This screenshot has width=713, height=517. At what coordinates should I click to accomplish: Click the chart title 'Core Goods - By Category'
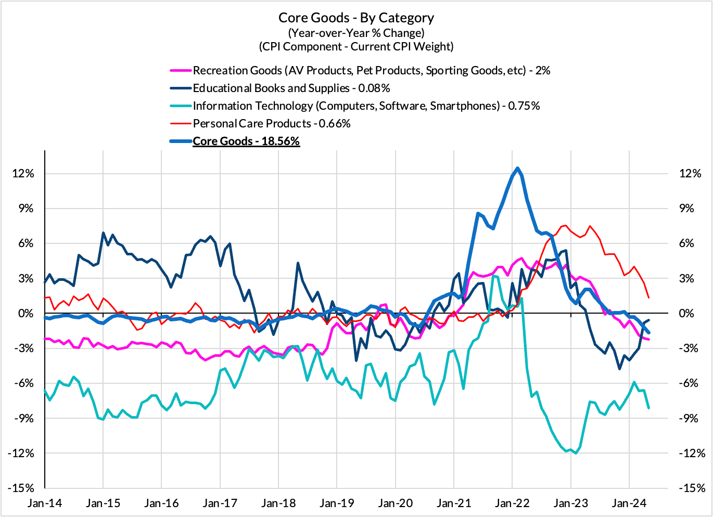pos(356,18)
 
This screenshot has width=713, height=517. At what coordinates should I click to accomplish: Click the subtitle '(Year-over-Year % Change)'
pos(356,33)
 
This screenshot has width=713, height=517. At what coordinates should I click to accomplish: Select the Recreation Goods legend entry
pos(371,70)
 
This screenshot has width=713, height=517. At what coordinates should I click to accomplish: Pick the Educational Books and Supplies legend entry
pos(291,88)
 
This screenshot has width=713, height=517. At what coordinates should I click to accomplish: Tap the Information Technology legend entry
pos(366,106)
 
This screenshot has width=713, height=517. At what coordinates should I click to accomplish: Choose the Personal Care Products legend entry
pos(271,123)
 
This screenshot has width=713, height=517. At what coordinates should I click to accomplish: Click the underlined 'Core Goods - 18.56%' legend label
pos(246,141)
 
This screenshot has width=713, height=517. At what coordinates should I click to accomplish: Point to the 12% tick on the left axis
pos(23,174)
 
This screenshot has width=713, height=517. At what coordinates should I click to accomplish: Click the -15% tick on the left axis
pos(21,488)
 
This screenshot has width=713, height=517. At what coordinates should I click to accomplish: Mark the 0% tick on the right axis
pos(686,314)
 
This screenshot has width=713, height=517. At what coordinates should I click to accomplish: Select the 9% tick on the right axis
pos(686,209)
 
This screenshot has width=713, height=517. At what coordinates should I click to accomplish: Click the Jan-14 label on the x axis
pos(45,503)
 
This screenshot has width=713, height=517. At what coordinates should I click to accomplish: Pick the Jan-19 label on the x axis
pos(337,503)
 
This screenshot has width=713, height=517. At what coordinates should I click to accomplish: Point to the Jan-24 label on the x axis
pos(629,503)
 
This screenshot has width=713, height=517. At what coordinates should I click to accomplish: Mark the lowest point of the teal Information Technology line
pos(576,453)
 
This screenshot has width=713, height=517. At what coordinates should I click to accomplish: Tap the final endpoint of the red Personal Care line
pos(648,298)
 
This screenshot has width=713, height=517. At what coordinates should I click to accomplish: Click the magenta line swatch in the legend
pos(180,71)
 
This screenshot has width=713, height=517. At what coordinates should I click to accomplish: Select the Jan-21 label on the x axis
pos(453,503)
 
